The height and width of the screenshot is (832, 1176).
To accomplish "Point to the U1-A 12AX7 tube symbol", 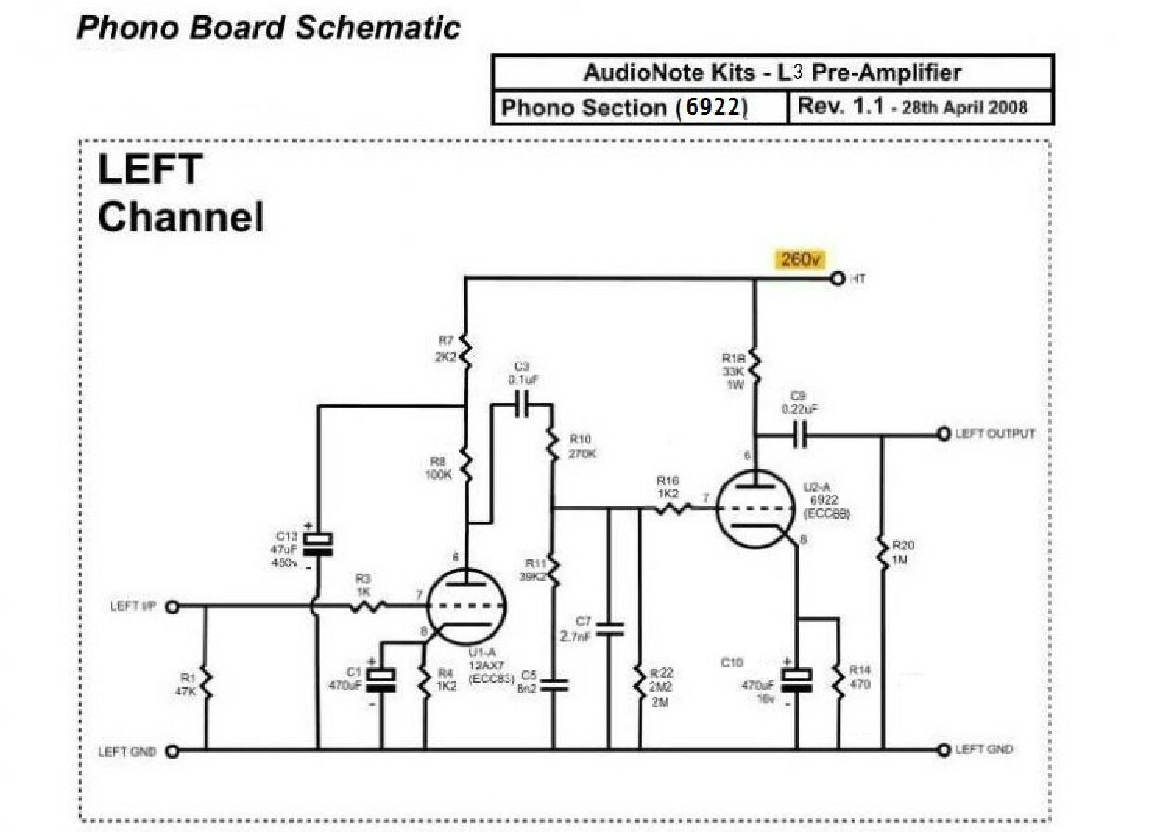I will (466, 606).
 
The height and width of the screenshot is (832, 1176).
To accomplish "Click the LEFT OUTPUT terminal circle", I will (945, 434).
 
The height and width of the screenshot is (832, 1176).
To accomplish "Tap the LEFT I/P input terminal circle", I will (171, 606).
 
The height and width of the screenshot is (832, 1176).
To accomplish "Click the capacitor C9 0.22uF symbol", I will (799, 434).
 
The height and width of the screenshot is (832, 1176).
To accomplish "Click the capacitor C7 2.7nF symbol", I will (609, 629).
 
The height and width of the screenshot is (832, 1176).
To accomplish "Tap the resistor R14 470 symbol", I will (838, 683).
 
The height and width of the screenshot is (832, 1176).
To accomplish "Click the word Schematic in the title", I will (377, 27).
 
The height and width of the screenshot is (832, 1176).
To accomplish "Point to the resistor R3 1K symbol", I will (368, 606).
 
